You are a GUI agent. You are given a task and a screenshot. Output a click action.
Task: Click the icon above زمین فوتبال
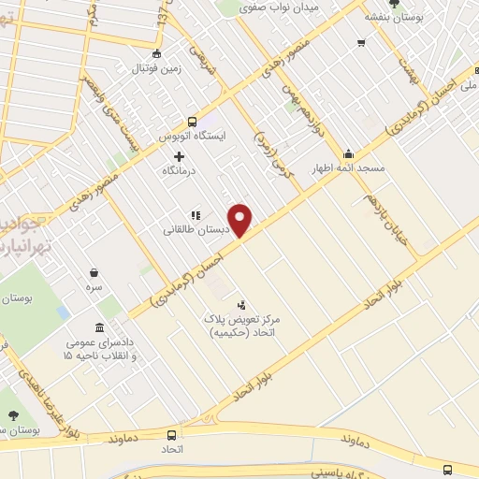coord(156,52)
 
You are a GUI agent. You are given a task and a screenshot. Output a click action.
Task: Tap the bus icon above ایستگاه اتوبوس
coord(192,121)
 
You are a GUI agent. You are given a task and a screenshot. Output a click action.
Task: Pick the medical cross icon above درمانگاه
coord(180,155)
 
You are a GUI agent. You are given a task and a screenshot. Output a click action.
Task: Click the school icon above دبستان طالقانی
coord(196,214)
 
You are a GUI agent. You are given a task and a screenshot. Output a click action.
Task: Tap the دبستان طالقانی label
coord(191,230)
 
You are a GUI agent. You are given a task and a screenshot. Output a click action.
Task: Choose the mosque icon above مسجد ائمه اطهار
coord(349,154)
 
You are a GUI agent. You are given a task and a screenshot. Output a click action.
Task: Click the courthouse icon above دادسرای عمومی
coord(100,327)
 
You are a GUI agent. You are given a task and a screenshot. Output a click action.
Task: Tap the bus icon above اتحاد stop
coord(171,435)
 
